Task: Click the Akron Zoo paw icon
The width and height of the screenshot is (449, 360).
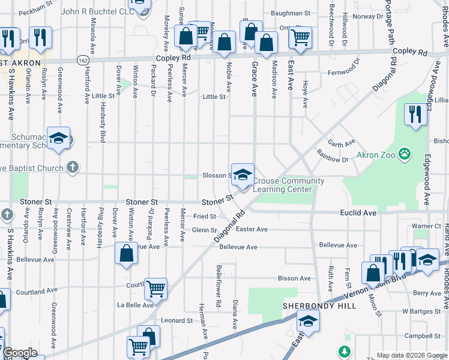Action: [406, 154]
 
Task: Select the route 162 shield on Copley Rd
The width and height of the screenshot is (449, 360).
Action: [83, 59]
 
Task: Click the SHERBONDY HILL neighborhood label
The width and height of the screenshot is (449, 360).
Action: [319, 306]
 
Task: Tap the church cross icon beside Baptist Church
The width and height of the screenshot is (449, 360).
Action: [73, 167]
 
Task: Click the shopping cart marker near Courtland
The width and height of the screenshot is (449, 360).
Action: [155, 289]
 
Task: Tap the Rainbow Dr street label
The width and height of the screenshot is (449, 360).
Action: [336, 160]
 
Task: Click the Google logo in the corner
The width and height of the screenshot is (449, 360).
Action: [20, 353]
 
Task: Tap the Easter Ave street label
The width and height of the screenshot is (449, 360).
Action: [252, 229]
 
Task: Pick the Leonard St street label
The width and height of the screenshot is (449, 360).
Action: [176, 320]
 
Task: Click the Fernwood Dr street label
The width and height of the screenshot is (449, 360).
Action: [343, 73]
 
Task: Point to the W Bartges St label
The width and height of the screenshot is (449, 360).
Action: [421, 311]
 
